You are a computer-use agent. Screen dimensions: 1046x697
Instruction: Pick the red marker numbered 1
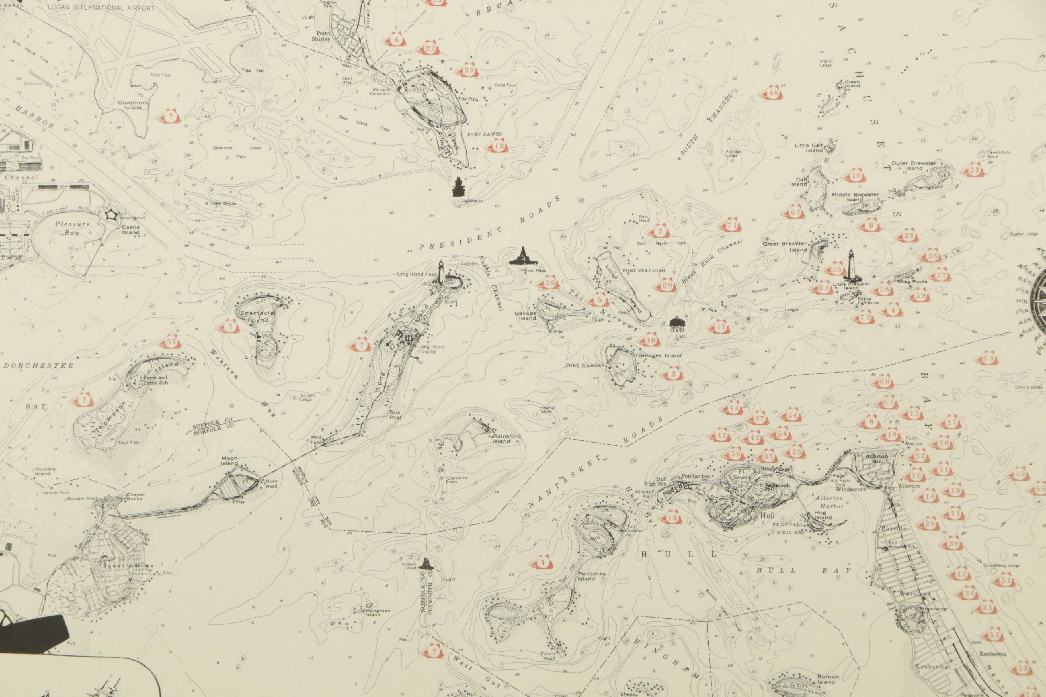tap(542, 563)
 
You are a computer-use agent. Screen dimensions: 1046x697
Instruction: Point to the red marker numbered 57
tap(171, 342)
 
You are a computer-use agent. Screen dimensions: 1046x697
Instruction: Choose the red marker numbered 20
tap(549, 283)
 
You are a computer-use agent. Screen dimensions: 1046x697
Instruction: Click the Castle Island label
tap(131, 229)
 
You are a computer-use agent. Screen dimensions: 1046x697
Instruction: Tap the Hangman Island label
tap(378, 612)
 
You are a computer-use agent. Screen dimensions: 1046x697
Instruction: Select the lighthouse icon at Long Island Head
tap(441, 272)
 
